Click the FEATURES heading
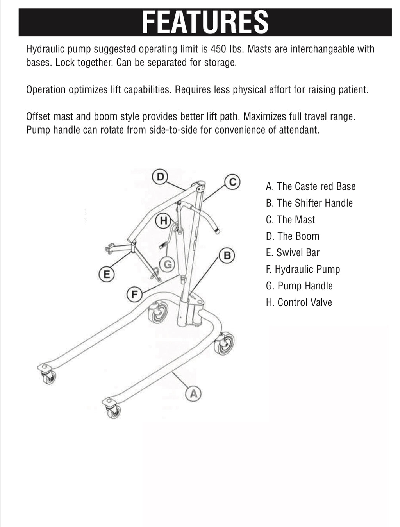pyautogui.click(x=205, y=22)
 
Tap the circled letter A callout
pyautogui.click(x=193, y=393)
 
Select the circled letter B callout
pyautogui.click(x=227, y=255)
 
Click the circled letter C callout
pyautogui.click(x=232, y=182)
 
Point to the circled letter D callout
pyautogui.click(x=160, y=177)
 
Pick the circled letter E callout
pyautogui.click(x=106, y=274)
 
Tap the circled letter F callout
pyautogui.click(x=135, y=294)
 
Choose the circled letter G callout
pyautogui.click(x=167, y=264)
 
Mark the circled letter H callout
pyautogui.click(x=163, y=221)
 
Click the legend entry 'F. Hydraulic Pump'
pyautogui.click(x=303, y=269)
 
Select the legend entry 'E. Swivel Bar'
pyautogui.click(x=293, y=253)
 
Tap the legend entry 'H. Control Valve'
pyautogui.click(x=299, y=302)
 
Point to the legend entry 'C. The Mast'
pyautogui.click(x=290, y=220)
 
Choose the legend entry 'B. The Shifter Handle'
pyautogui.click(x=309, y=203)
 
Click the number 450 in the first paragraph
pyautogui.click(x=219, y=49)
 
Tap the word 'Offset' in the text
pyautogui.click(x=38, y=116)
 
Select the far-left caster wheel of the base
pyautogui.click(x=49, y=377)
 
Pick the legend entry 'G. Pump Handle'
pyautogui.click(x=299, y=286)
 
